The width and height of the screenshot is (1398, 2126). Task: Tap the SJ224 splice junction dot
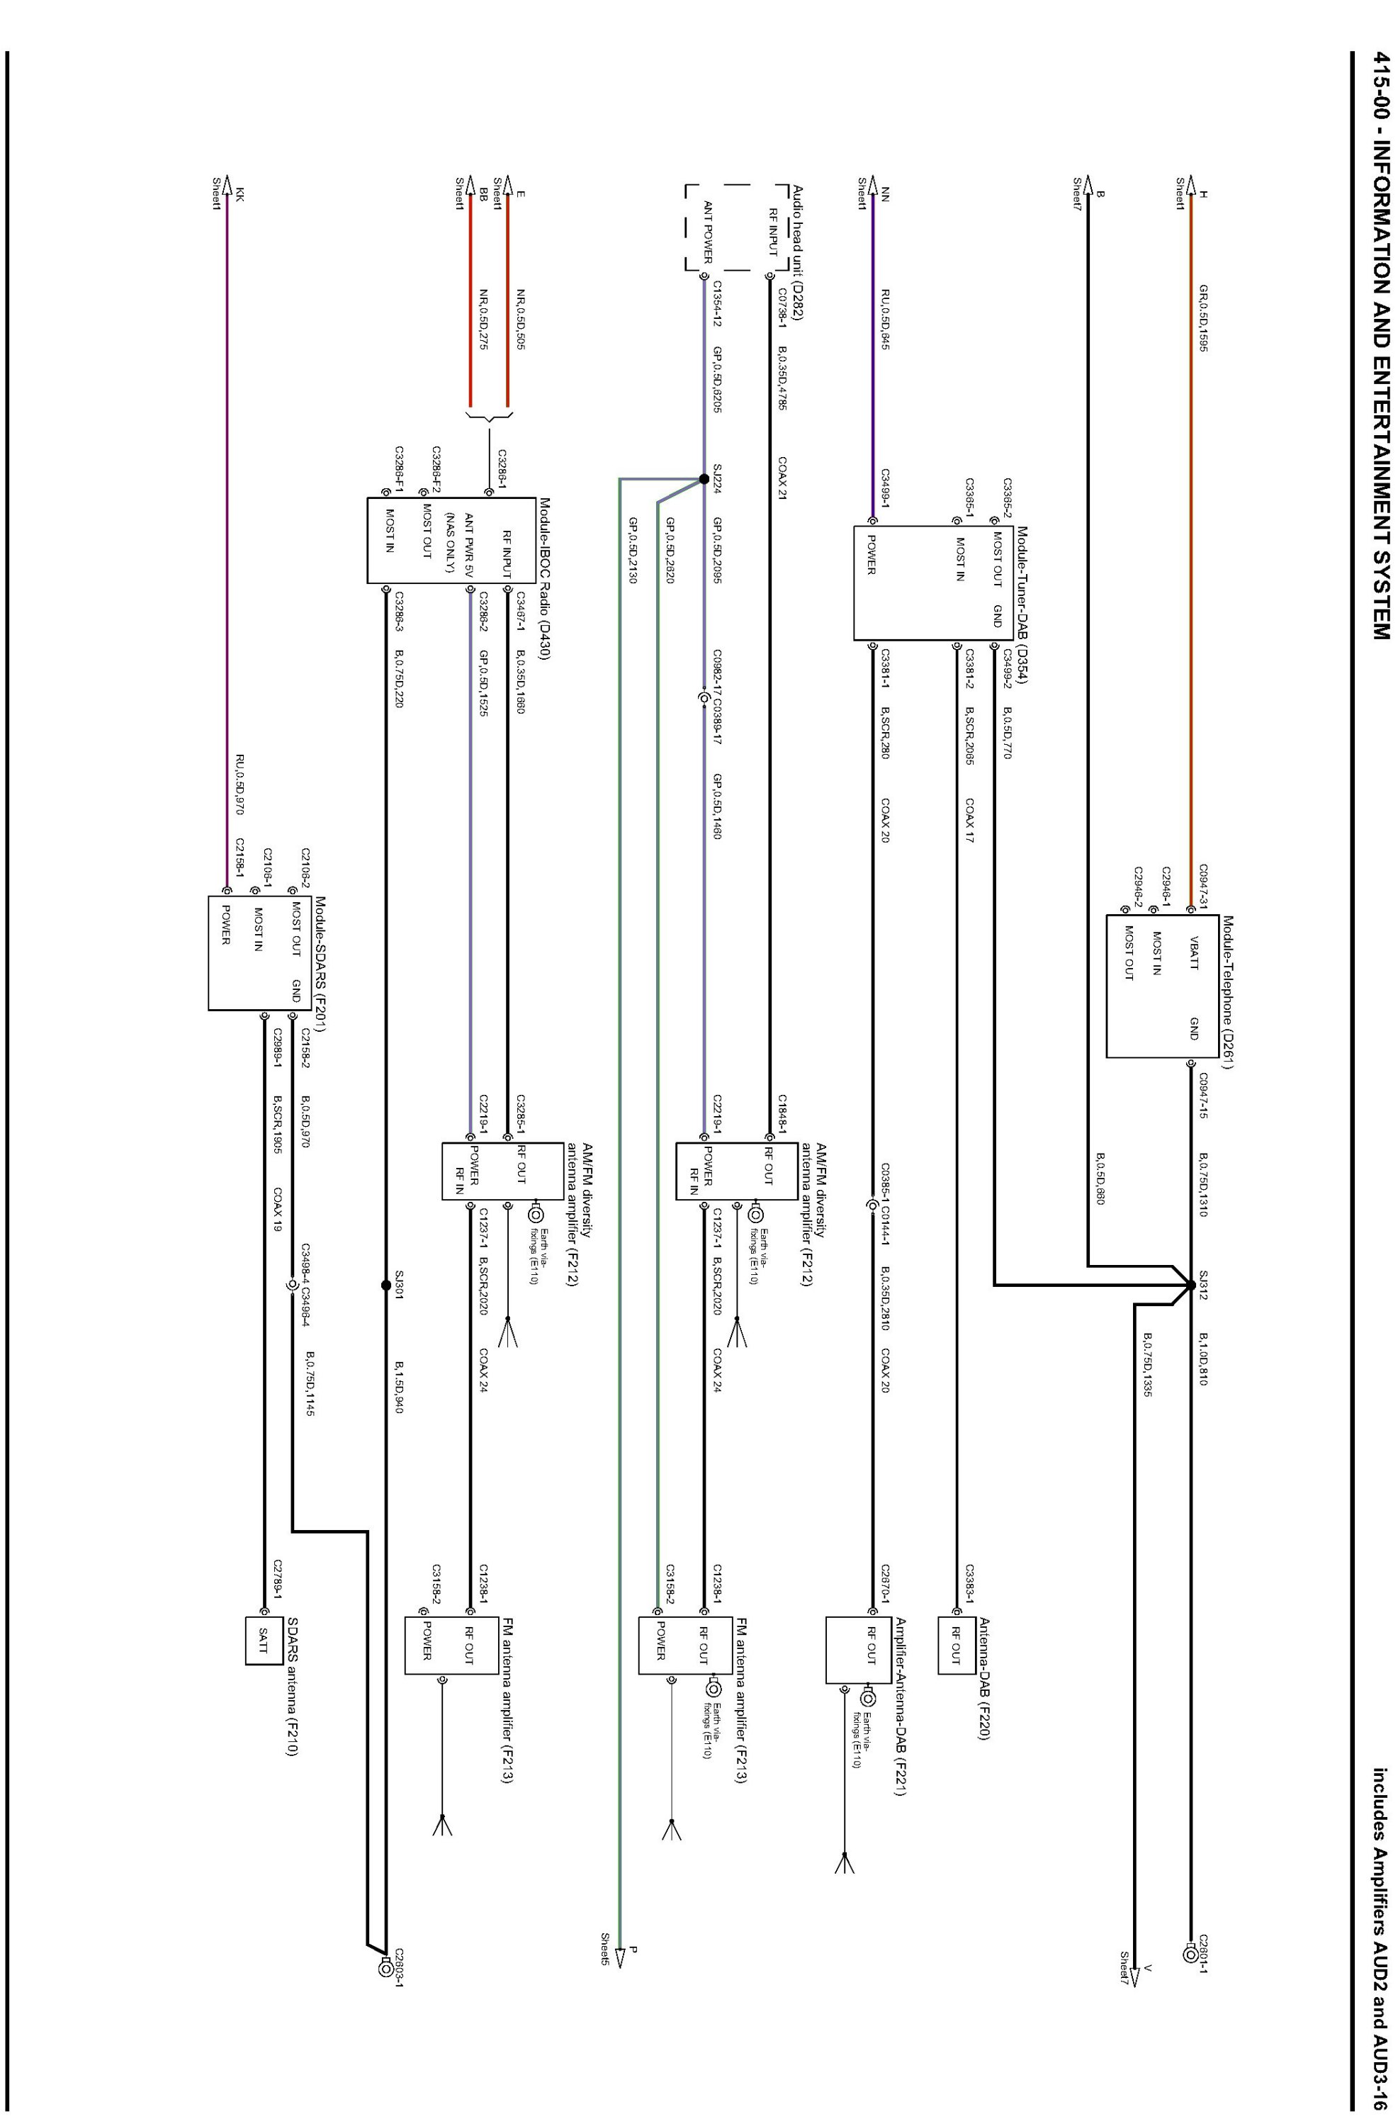tap(704, 479)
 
